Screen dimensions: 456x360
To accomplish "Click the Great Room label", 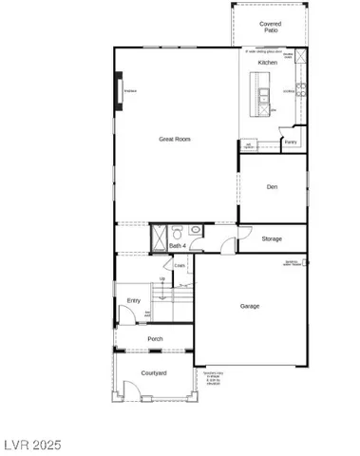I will [176, 140].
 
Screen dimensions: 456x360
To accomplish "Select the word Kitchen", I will [267, 62].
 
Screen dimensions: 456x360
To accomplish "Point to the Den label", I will [273, 187].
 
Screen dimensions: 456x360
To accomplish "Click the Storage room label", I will [272, 238].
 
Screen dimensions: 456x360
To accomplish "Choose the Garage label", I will [250, 306].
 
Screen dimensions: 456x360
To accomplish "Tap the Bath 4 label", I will [177, 247].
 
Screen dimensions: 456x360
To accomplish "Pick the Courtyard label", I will [154, 373].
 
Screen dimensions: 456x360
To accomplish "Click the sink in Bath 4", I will [194, 230].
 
